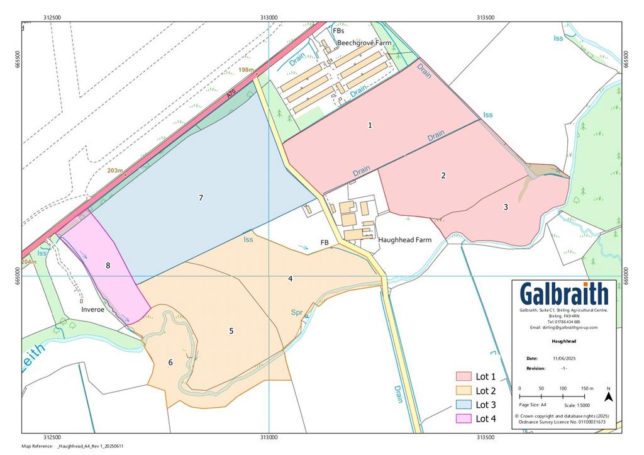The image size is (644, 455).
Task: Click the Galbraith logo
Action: click(x=564, y=295)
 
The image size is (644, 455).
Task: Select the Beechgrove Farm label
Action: click(x=364, y=43)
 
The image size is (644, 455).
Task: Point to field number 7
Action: click(x=201, y=198)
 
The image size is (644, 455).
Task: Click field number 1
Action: click(x=370, y=125)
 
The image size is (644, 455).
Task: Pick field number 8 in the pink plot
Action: click(x=108, y=266)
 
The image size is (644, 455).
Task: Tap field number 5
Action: click(x=231, y=330)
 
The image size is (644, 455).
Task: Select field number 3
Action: click(x=505, y=206)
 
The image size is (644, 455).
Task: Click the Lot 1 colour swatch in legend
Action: click(x=463, y=376)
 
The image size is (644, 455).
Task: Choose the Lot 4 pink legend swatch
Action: click(x=463, y=418)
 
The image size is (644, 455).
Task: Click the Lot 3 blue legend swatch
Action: click(x=463, y=405)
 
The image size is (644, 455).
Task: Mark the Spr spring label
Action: click(x=297, y=312)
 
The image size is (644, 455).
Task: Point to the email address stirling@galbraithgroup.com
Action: click(x=564, y=327)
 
